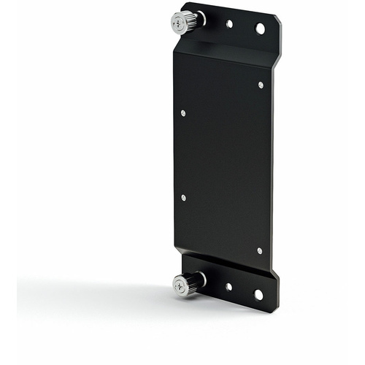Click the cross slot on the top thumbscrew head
(179, 24)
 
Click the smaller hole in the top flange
(229, 24)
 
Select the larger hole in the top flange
(260, 28)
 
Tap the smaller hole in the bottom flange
(228, 286)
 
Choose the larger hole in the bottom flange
(258, 294)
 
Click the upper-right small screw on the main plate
(261, 85)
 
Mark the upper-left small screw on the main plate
(182, 113)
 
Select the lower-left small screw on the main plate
(183, 197)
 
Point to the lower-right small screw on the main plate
(259, 250)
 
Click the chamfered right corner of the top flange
(277, 21)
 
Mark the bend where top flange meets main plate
(226, 50)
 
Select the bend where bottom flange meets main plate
(226, 261)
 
